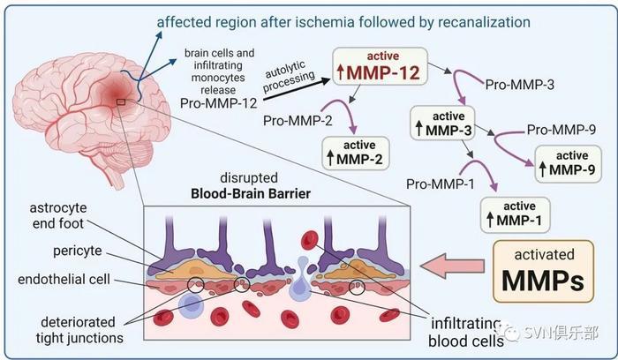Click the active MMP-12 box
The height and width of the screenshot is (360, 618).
click(380, 66)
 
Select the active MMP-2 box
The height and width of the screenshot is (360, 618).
click(356, 154)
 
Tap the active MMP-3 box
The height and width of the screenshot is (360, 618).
click(442, 123)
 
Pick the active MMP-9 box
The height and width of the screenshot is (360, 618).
click(568, 164)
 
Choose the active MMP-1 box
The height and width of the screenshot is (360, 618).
click(515, 214)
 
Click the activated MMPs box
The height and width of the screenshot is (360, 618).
click(543, 272)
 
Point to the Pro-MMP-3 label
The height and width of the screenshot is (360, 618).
click(519, 85)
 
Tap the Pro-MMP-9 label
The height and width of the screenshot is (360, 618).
click(561, 130)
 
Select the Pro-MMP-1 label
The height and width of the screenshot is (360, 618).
click(441, 184)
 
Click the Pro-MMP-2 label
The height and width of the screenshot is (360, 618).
click(298, 120)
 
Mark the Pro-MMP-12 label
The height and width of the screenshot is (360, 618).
click(218, 103)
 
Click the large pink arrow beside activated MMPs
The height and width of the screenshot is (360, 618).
click(452, 266)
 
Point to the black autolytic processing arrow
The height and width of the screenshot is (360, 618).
click(297, 90)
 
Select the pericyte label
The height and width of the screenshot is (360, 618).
click(78, 251)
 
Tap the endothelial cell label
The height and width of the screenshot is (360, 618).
click(64, 279)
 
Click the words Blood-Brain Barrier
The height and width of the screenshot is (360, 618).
click(250, 194)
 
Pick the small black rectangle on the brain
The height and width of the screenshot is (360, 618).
click(121, 102)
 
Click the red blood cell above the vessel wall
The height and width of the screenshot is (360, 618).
click(309, 240)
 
